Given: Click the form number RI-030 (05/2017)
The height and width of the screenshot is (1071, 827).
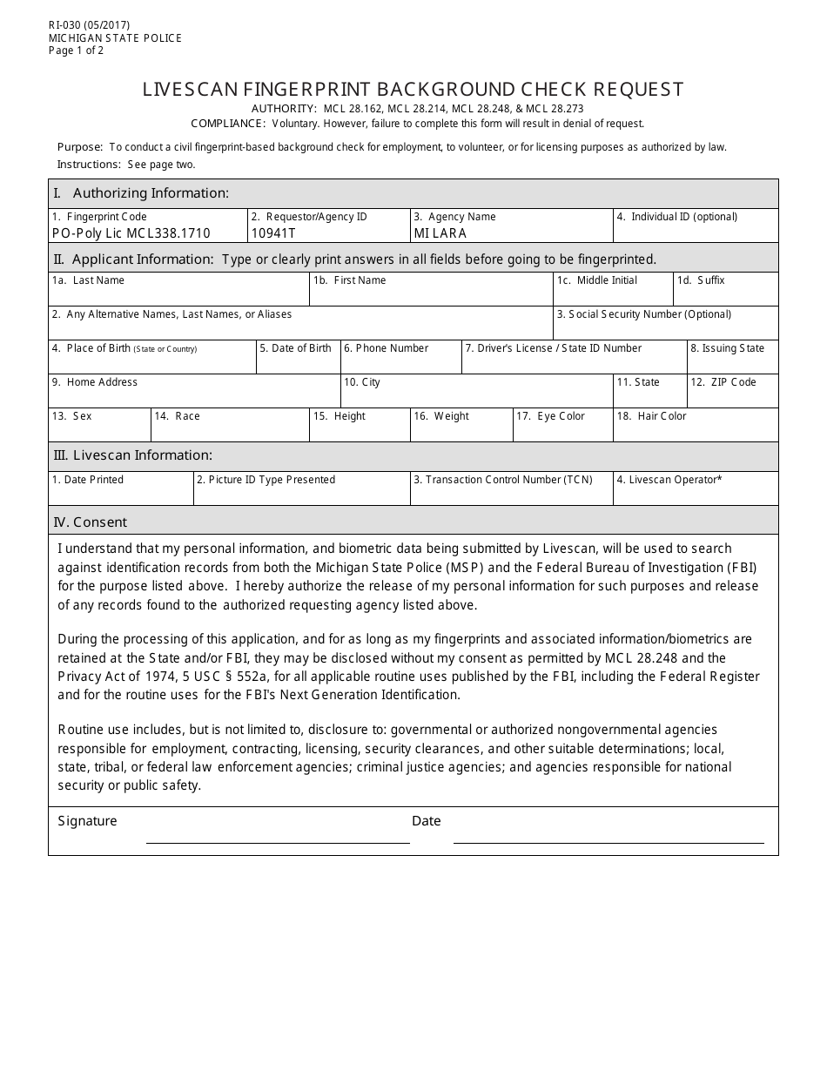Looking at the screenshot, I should point(89,26).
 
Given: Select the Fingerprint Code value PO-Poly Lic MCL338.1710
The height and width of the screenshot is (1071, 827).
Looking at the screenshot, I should point(131,233).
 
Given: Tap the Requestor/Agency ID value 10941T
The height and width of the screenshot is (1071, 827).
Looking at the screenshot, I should point(273,233).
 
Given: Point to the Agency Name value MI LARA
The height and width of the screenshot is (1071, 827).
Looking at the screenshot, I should point(440,233).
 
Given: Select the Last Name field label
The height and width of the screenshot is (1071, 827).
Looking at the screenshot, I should point(97,280).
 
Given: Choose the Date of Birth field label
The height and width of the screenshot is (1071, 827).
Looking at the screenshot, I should point(300,348).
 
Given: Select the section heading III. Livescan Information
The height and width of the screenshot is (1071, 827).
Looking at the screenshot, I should point(133,455).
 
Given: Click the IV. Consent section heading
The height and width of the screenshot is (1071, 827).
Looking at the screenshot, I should point(91,522).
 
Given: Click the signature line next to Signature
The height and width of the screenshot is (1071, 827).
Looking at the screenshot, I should point(278,840).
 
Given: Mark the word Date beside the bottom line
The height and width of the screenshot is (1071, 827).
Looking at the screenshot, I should point(427,821).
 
